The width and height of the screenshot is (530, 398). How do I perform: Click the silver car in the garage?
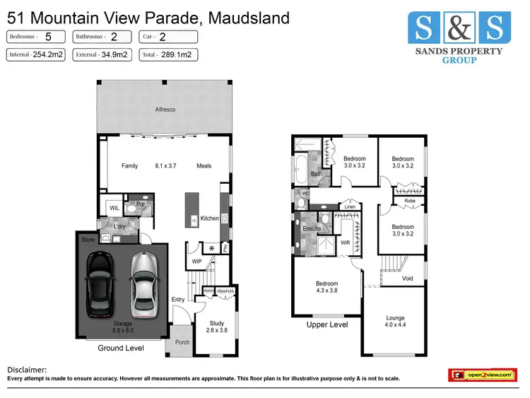coord(143,286)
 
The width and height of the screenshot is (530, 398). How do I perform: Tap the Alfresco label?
coord(165,110)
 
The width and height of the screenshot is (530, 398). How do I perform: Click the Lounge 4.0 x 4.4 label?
coord(395,322)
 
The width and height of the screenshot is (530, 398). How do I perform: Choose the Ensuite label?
coord(312,229)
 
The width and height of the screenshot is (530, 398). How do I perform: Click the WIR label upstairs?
coord(346,242)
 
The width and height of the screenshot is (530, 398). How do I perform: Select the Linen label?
coord(350,206)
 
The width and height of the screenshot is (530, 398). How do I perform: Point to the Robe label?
coord(410,201)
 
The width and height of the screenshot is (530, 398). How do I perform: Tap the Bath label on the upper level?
coord(317,173)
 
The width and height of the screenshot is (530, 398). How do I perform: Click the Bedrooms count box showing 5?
coord(36,36)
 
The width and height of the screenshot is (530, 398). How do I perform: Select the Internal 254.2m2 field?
coord(36,53)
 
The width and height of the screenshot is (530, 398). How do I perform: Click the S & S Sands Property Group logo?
coord(457,37)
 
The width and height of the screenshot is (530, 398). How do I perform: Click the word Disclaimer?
coord(27,369)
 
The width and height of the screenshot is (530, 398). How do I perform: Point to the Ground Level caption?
coord(121,348)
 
